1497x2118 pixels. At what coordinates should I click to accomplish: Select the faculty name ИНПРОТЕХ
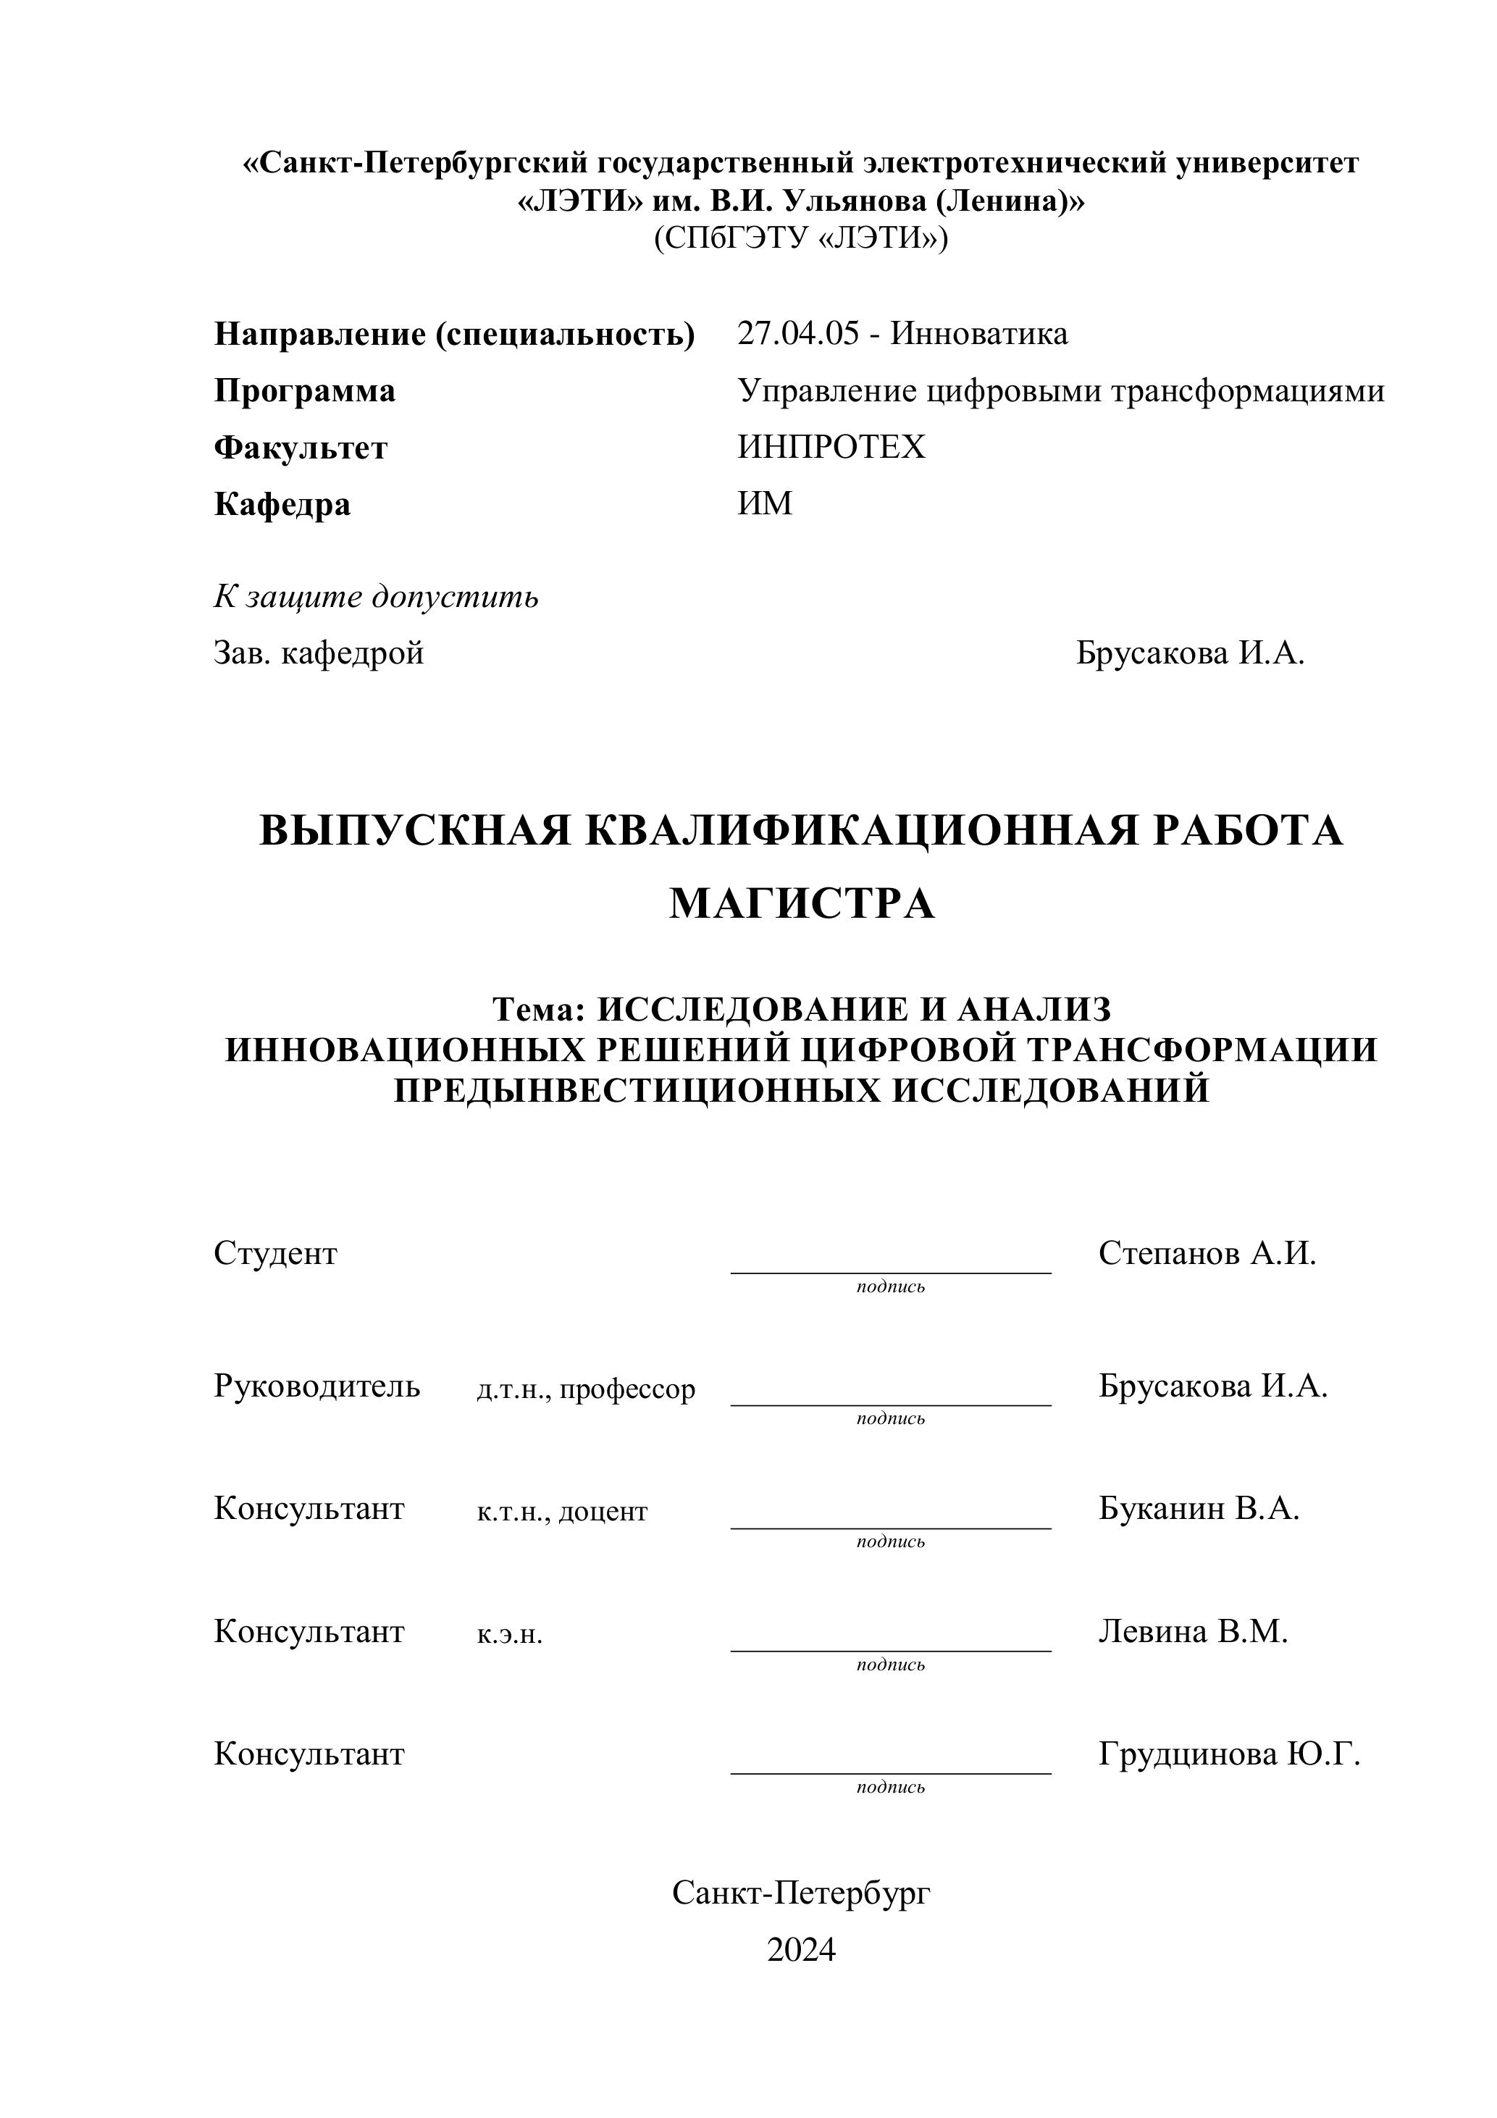pos(830,448)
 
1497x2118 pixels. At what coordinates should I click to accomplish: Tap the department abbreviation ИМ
pos(765,503)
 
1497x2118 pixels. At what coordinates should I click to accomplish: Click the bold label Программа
pos(304,391)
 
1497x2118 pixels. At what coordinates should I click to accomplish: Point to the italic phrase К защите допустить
pos(377,597)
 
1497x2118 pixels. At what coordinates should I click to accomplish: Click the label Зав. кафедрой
pos(319,653)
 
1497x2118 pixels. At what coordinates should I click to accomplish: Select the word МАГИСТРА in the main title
pos(802,903)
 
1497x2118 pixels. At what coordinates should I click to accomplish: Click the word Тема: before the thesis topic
pos(540,1010)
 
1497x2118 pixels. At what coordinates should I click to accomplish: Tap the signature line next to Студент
pos(890,1271)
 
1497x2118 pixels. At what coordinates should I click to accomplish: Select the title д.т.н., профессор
pos(586,1389)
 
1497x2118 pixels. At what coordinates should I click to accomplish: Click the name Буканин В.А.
pos(1198,1508)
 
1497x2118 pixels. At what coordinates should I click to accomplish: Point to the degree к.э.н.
pos(509,1635)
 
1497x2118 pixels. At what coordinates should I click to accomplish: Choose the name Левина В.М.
pos(1193,1632)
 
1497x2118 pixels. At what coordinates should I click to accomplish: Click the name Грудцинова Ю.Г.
pos(1230,1754)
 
